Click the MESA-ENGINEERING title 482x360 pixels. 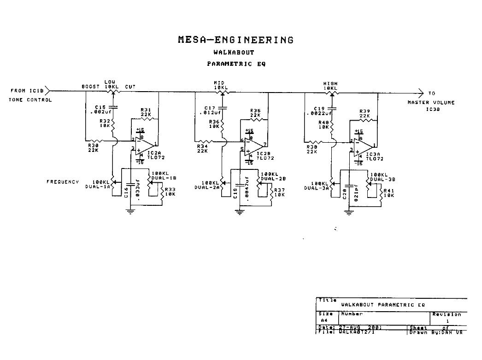point(235,40)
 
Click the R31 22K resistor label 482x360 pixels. point(146,111)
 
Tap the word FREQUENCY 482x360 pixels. point(63,182)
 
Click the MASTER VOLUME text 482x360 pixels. point(430,102)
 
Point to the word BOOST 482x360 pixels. point(90,86)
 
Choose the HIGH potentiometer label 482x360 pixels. point(330,84)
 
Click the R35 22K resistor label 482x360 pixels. point(256,112)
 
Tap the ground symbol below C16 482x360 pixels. point(131,211)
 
